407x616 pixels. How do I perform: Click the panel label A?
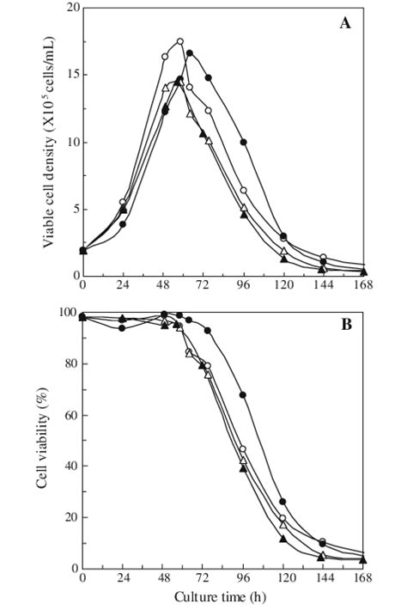coord(345,23)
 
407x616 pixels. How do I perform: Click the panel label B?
coord(345,326)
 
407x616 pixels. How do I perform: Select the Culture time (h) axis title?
coord(222,597)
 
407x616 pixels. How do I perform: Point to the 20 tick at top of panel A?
coord(70,9)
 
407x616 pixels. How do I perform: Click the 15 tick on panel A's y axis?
coord(70,76)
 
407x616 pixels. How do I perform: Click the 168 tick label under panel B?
coord(363,578)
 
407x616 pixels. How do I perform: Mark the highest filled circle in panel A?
coord(190,53)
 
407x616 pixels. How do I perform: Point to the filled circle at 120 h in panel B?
coord(282,502)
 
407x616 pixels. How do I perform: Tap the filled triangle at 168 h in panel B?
coord(363,559)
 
